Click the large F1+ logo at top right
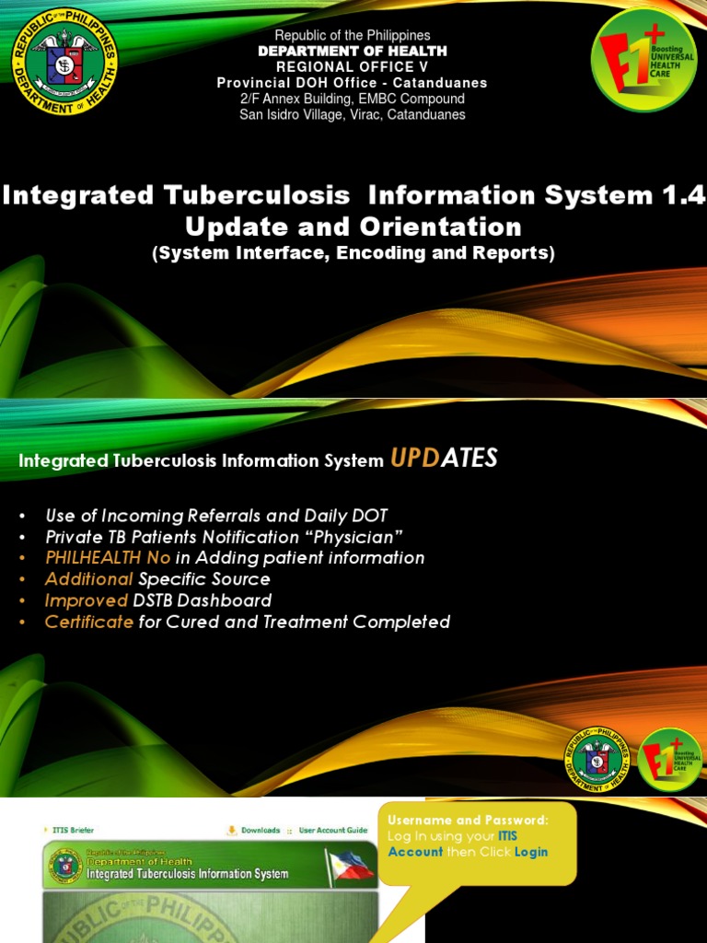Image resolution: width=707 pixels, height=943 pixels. click(644, 59)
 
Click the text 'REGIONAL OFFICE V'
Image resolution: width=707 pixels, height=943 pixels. click(353, 67)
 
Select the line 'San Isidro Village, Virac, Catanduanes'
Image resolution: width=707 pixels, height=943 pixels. click(353, 115)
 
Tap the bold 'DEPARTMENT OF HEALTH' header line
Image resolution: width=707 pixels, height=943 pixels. click(353, 52)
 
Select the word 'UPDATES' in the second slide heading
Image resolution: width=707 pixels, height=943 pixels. click(444, 459)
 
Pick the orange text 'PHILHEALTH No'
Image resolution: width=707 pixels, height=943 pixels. click(107, 558)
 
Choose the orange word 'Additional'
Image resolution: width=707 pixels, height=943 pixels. click(89, 579)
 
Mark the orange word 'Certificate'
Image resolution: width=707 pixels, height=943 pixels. click(89, 622)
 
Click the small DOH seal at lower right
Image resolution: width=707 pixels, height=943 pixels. click(598, 759)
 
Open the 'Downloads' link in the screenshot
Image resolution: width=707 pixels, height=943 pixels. click(260, 830)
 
